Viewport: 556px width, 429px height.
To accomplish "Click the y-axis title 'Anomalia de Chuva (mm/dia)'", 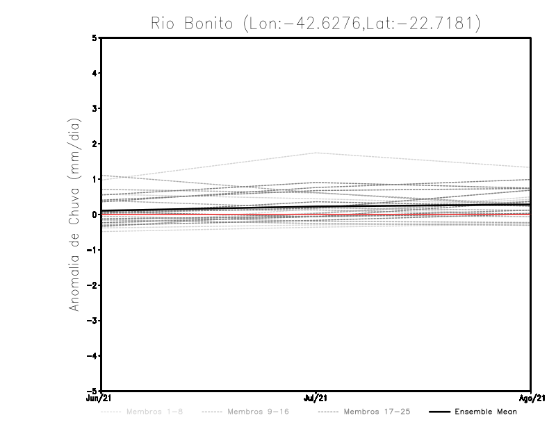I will click(73, 214).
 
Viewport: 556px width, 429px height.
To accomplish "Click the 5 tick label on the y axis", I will click(95, 38).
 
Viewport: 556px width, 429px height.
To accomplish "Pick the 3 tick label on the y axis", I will click(95, 109).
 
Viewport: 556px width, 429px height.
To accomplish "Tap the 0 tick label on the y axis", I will click(95, 214).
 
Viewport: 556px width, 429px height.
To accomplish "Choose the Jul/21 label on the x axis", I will click(316, 398).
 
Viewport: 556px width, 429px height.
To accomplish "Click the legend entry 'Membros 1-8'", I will click(154, 412).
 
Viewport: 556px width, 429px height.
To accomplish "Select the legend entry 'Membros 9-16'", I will click(258, 412).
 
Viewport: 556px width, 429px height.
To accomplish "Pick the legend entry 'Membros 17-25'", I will click(377, 412).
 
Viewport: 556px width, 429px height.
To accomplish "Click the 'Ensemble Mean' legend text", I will click(486, 412).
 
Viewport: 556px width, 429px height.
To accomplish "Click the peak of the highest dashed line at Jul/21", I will click(316, 153).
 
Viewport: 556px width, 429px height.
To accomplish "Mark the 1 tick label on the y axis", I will click(95, 179).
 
